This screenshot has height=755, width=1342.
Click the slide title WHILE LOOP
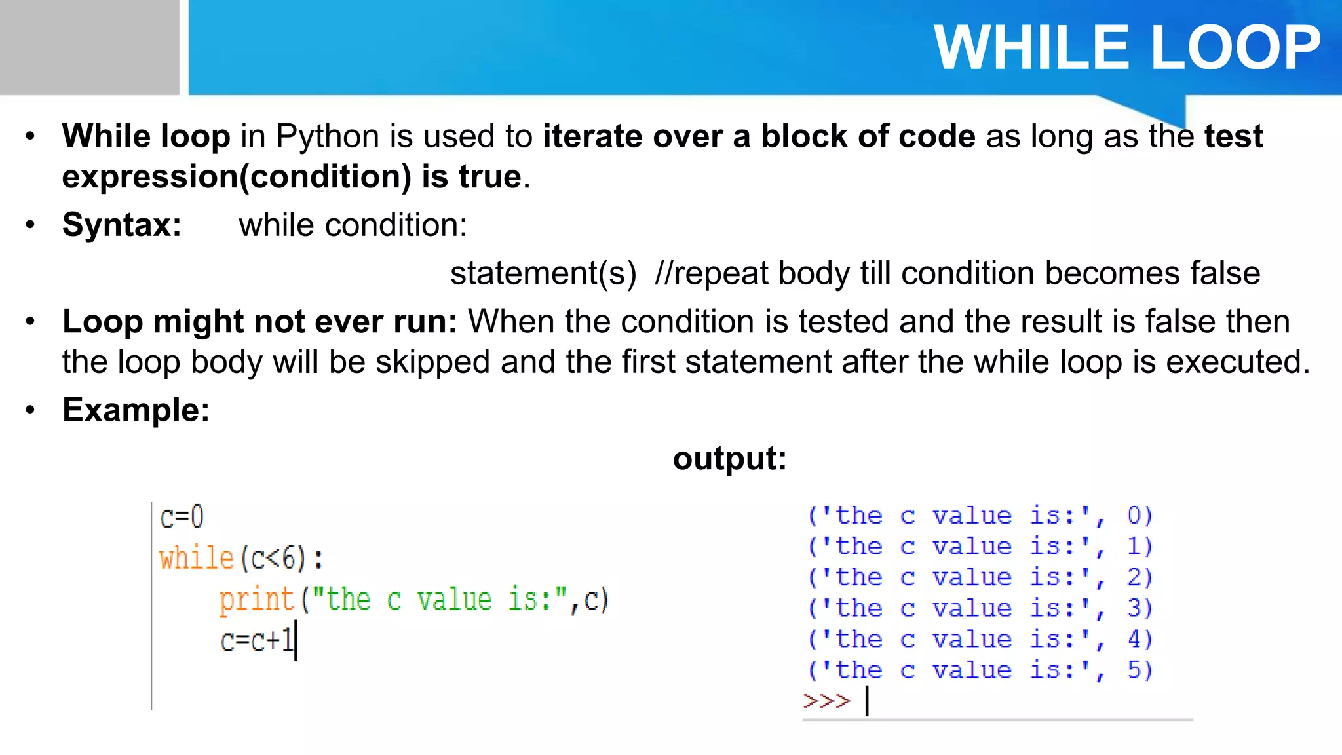pos(1126,47)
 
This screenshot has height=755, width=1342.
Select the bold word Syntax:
pos(122,225)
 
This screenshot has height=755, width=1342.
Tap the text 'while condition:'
pos(353,225)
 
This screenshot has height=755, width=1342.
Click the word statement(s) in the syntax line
pos(543,273)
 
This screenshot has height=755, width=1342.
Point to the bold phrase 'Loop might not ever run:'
pos(259,322)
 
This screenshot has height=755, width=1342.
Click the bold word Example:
pos(136,410)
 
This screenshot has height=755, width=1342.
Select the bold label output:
pos(729,458)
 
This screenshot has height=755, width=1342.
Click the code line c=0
pos(182,517)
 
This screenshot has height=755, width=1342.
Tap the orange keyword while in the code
pos(197,558)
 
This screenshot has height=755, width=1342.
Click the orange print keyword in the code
pos(256,600)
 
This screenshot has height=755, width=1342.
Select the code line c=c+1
pos(258,640)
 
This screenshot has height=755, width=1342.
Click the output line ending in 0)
pos(979,516)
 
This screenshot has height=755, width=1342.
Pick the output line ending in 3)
pos(979,608)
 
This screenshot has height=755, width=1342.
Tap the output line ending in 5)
pos(979,670)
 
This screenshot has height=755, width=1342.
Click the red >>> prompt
pos(826,701)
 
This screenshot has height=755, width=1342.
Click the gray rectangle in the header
pos(89,47)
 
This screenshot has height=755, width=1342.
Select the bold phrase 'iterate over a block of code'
pos(759,137)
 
